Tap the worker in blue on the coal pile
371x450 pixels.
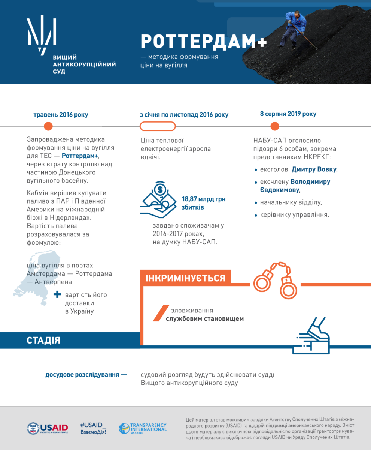(x=295, y=28)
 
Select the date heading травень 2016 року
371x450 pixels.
(x=61, y=115)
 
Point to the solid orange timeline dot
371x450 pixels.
(x=48, y=126)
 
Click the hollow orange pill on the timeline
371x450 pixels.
(x=157, y=126)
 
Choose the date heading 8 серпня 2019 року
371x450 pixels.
(x=288, y=114)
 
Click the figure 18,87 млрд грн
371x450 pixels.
(x=204, y=199)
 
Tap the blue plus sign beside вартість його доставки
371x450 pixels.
(x=57, y=295)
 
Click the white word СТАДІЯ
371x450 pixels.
(x=43, y=340)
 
